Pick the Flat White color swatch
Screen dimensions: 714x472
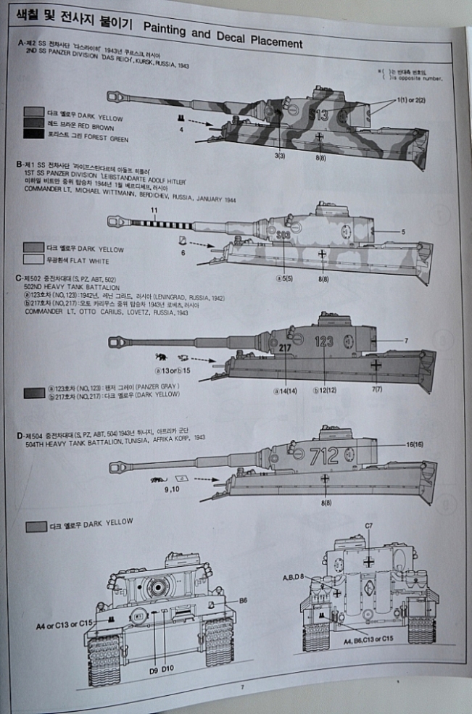(x=33, y=259)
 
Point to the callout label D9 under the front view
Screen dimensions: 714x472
(x=153, y=669)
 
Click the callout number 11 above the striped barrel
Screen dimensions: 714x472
(x=154, y=210)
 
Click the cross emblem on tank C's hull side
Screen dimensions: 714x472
(x=376, y=365)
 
